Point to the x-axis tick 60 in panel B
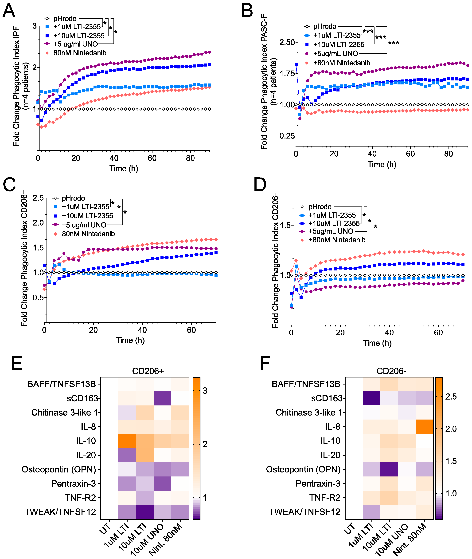(x=410, y=154)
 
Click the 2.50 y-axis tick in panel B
(x=287, y=42)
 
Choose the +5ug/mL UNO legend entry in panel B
(x=335, y=54)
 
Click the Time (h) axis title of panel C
(x=130, y=340)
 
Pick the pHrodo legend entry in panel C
(x=73, y=198)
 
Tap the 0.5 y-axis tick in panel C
(x=38, y=297)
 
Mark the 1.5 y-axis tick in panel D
(x=285, y=225)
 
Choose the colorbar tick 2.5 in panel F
(x=451, y=396)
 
